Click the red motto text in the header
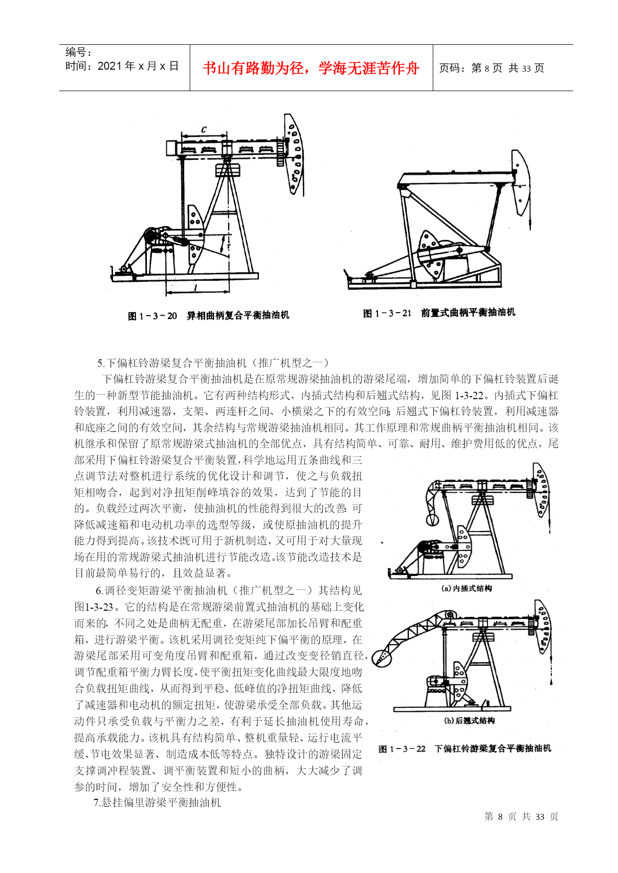tap(311, 68)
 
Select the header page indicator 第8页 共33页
tap(492, 68)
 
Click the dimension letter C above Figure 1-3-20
tap(204, 129)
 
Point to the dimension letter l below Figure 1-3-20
tap(195, 287)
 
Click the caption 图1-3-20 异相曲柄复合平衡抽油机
tap(208, 316)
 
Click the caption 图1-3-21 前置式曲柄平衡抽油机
tap(439, 313)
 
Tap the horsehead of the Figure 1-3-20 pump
tap(294, 154)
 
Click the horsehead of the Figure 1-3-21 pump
tap(521, 182)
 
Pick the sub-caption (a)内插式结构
tap(467, 588)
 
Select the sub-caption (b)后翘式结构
tap(469, 721)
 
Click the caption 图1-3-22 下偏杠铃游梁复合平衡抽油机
tap(465, 749)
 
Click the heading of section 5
tap(213, 363)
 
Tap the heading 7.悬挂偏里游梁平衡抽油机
tap(157, 802)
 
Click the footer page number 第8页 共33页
tap(521, 817)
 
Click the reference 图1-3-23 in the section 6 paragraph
tap(94, 607)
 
